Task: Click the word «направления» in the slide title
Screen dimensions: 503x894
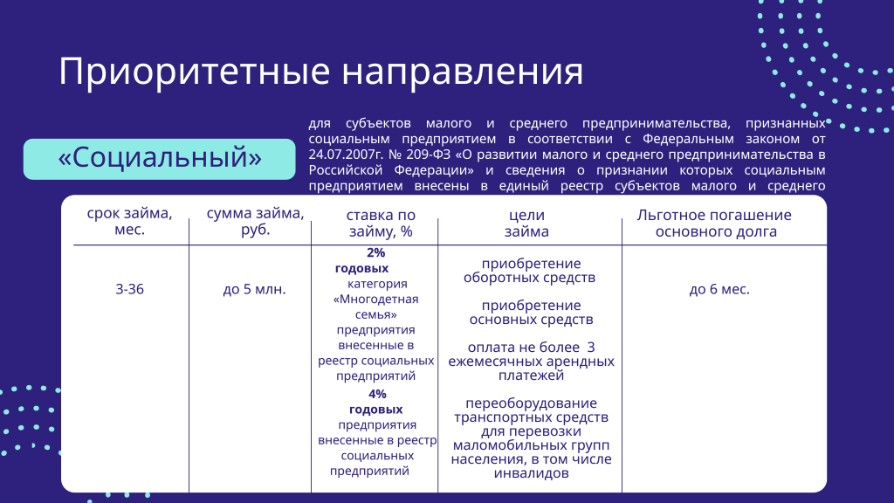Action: pos(462,72)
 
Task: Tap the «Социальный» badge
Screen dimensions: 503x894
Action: pos(159,158)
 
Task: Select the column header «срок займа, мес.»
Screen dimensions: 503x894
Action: pos(129,223)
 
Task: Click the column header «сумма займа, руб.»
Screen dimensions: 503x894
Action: pos(256,223)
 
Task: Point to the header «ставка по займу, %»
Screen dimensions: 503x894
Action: pos(381,224)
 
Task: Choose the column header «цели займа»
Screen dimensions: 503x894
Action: pos(526,224)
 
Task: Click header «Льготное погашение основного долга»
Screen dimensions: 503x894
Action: pos(714,224)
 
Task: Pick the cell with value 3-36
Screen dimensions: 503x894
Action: pos(129,289)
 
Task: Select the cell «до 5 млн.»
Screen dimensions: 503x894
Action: pos(255,289)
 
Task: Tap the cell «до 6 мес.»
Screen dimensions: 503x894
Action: pos(719,289)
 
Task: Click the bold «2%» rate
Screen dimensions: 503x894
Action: pos(376,253)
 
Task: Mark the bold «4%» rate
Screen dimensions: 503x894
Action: pos(376,394)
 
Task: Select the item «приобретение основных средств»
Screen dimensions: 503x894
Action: pos(531,313)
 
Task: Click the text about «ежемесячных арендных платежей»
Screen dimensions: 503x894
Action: pos(531,362)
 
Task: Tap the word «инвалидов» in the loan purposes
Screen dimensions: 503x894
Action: pos(531,473)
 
